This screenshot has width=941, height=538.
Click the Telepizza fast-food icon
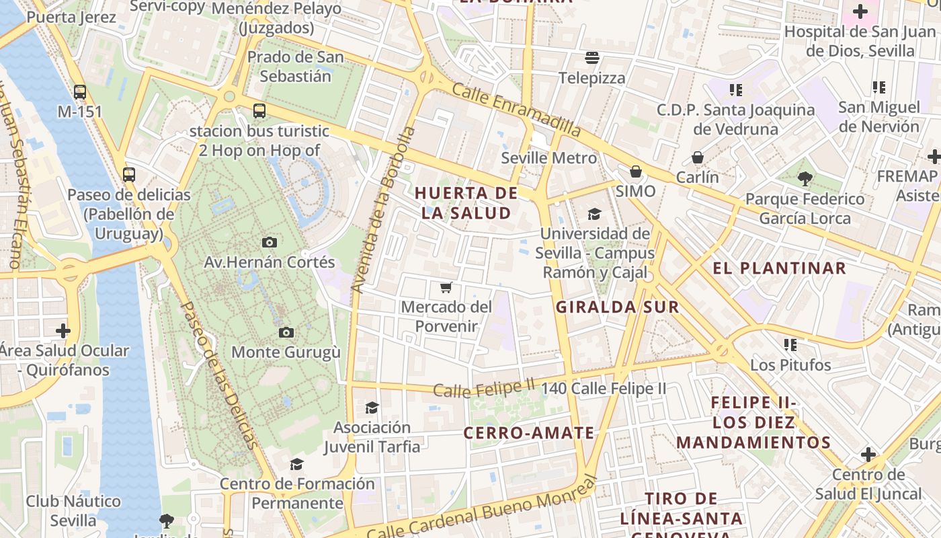click(592, 58)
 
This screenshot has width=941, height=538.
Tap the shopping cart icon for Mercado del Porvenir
click(445, 288)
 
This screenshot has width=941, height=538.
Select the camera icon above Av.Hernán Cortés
click(269, 242)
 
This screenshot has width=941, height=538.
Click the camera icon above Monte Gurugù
click(286, 332)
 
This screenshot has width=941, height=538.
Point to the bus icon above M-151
click(80, 91)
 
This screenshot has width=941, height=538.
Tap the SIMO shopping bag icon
click(635, 171)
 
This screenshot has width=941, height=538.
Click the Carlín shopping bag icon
click(698, 158)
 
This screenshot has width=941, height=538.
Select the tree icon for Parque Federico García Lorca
click(805, 179)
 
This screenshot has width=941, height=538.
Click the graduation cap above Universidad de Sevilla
click(594, 214)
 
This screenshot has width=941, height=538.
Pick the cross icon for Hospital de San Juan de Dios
click(860, 11)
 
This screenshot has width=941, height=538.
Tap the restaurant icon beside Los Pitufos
click(790, 345)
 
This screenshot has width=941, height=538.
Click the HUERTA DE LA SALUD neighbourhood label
click(466, 203)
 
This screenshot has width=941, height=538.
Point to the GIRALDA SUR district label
click(617, 307)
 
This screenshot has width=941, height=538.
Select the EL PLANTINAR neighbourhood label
click(779, 268)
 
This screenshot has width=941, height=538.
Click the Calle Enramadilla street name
click(516, 109)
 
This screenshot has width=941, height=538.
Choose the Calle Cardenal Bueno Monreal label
click(481, 511)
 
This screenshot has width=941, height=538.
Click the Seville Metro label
click(549, 158)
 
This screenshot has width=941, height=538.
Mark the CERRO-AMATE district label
click(529, 432)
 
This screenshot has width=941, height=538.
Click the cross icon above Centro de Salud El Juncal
click(868, 455)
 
